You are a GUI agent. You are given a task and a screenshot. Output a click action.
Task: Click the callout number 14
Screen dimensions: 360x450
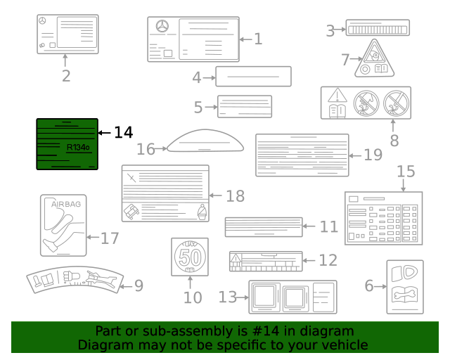[123, 132]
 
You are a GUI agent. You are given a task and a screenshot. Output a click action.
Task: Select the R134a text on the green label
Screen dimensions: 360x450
[77, 148]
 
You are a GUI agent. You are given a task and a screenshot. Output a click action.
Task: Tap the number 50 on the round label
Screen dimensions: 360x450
[190, 256]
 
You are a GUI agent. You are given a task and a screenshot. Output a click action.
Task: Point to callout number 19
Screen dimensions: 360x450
[373, 155]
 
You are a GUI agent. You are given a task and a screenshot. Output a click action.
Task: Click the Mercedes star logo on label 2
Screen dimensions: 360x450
[44, 22]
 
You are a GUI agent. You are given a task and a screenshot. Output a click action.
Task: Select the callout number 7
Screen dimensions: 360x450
[345, 60]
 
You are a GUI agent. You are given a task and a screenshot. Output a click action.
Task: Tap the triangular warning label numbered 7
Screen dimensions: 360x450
[373, 58]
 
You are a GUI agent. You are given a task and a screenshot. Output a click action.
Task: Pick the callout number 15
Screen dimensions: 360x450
[406, 172]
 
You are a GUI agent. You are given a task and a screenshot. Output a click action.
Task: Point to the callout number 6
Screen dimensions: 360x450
[369, 285]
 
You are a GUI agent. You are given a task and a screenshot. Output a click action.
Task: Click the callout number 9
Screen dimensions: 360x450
[139, 285]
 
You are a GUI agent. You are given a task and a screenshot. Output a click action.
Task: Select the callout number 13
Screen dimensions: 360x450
[228, 297]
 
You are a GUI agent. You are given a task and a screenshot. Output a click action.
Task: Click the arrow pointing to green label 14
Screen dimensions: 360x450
[104, 132]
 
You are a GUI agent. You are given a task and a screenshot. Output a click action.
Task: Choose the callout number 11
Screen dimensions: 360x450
[328, 226]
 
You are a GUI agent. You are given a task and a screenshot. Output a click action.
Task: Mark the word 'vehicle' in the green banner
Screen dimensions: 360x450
[343, 345]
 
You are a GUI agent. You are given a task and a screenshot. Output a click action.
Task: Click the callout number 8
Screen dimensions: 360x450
[394, 140]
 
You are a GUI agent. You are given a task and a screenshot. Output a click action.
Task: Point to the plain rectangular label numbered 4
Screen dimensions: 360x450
[253, 77]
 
